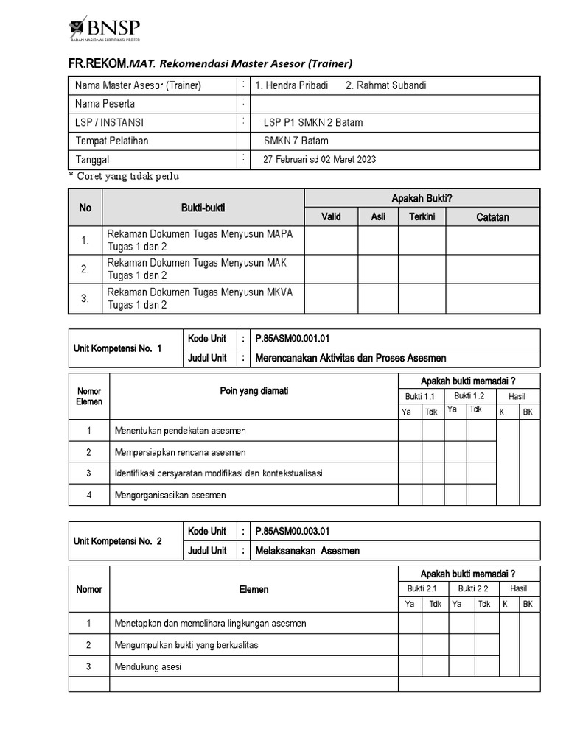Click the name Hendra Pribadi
tap(292, 85)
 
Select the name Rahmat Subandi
tap(385, 85)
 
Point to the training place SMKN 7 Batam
tap(296, 141)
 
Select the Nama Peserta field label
tap(105, 104)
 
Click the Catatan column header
tap(492, 217)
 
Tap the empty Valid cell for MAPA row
tap(331, 240)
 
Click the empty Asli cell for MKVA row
tap(378, 298)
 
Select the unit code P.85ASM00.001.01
tap(292, 339)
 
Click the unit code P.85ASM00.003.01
tap(292, 530)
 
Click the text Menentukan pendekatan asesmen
tap(180, 430)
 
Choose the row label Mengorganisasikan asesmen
tap(170, 495)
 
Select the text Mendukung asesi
tap(148, 667)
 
